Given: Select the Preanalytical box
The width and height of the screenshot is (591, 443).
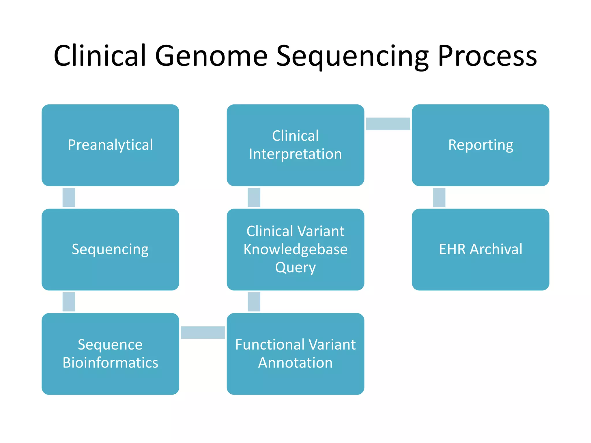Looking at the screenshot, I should click(110, 145).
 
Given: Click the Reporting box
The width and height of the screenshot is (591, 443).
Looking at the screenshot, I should click(480, 145).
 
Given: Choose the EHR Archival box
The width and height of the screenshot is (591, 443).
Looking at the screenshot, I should click(480, 249).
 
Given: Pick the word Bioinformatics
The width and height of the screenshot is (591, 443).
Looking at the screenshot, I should click(110, 363).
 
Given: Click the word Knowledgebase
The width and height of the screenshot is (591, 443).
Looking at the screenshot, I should click(295, 249).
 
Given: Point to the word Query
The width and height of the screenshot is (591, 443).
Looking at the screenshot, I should click(295, 268).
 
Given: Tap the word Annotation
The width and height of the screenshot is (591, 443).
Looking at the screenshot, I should click(295, 363).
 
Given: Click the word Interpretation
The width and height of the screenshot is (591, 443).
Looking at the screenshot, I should click(295, 154).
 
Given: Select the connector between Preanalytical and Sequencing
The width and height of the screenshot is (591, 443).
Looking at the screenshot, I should click(69, 197).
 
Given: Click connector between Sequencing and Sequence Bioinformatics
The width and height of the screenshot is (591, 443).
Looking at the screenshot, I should click(69, 302).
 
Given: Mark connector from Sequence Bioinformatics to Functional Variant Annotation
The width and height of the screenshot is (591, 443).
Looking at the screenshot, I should click(203, 333).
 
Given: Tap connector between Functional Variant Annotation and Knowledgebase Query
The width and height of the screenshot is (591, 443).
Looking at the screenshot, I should click(254, 302).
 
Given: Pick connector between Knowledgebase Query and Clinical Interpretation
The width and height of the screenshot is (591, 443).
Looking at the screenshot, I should click(254, 197).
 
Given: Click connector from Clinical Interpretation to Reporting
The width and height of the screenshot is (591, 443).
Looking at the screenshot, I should click(388, 124).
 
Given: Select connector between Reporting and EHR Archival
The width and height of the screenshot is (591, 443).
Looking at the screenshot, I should click(439, 197).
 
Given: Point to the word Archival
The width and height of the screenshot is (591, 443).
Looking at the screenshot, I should click(496, 249).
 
